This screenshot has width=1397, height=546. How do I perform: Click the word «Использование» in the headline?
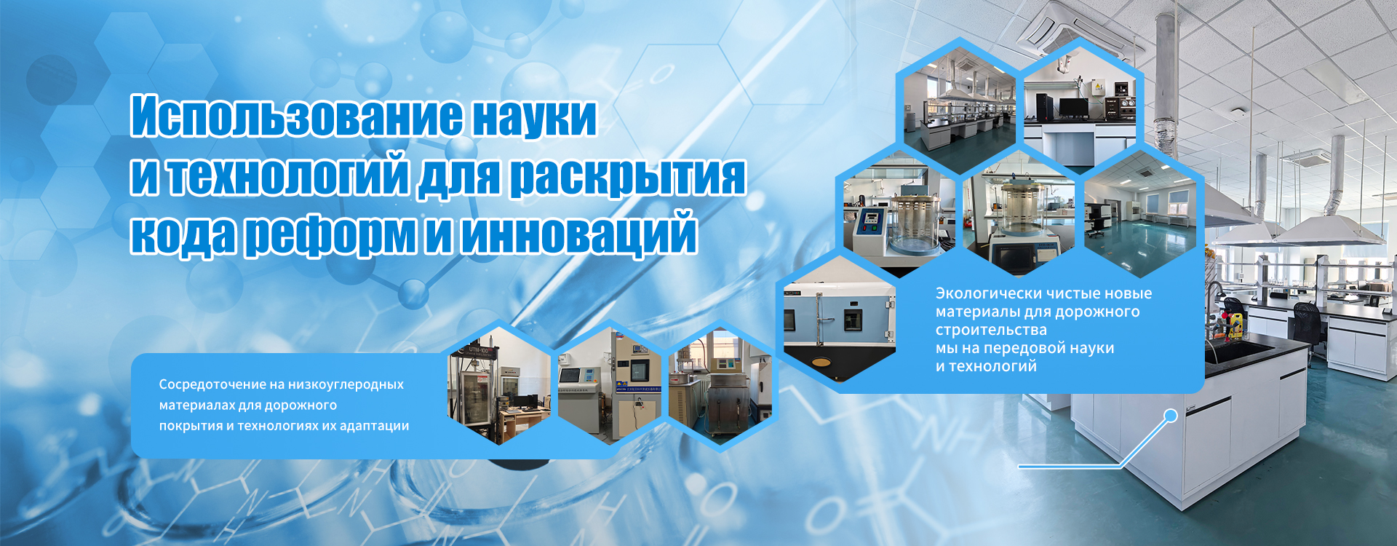click(296, 116)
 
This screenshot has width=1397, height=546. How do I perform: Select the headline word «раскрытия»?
click(627, 176)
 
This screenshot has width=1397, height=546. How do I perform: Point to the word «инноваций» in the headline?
click(578, 234)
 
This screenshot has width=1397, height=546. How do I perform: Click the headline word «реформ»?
click(330, 234)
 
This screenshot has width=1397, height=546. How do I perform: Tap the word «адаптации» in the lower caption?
click(374, 426)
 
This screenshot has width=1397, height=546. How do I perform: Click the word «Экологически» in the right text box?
click(987, 293)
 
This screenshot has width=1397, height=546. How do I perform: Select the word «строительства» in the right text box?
click(991, 330)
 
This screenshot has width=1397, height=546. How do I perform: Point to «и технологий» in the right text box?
click(986, 366)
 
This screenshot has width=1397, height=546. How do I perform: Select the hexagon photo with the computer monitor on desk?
click(1080, 109)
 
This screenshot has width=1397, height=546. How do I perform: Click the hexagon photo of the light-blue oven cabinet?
click(837, 320)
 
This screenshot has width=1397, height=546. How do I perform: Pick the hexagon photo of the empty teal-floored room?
click(1139, 215)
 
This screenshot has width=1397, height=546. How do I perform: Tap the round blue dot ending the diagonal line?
click(1171, 416)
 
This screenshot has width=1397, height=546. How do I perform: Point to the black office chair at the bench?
click(1306, 320)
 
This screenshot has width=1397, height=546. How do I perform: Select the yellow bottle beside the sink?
click(1233, 325)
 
